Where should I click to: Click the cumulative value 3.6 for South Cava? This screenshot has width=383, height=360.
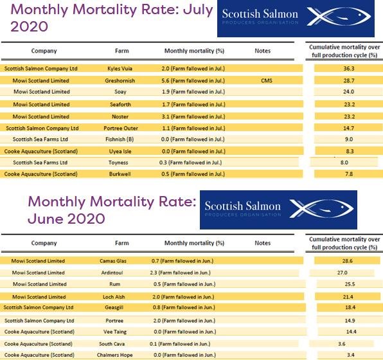pos(341,343)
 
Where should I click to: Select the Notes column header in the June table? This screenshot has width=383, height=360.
pos(262,243)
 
